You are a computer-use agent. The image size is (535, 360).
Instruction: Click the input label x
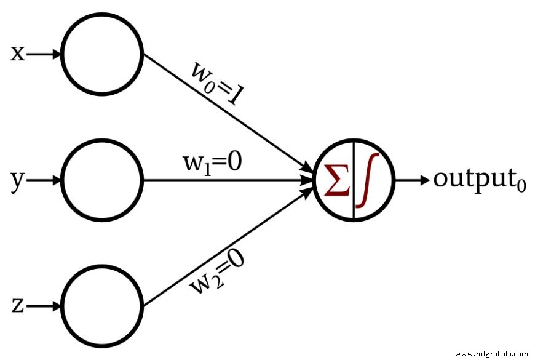click(17, 55)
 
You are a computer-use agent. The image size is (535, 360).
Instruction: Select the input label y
click(18, 181)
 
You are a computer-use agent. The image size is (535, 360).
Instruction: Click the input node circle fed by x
click(102, 55)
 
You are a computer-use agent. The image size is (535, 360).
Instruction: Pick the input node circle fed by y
click(102, 180)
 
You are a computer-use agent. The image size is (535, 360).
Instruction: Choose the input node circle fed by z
click(102, 306)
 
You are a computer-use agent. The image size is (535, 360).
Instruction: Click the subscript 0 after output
click(521, 186)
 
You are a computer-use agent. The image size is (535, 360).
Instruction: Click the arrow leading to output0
click(411, 180)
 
